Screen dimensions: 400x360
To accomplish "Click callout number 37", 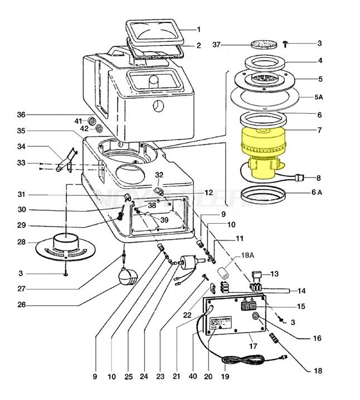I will [221, 45].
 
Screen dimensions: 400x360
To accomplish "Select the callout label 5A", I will [319, 97].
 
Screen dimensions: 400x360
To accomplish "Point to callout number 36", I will [21, 115].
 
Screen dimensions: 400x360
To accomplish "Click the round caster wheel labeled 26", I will [128, 276].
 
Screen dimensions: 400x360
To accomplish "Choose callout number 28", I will [21, 242].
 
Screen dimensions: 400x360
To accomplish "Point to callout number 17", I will [252, 345].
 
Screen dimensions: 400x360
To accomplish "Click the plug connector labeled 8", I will [299, 179].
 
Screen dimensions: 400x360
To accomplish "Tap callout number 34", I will [21, 147].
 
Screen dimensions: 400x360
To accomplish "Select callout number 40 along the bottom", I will [193, 377].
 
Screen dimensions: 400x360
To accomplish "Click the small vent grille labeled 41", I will [93, 121].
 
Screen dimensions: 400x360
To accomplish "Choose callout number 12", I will [208, 192].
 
